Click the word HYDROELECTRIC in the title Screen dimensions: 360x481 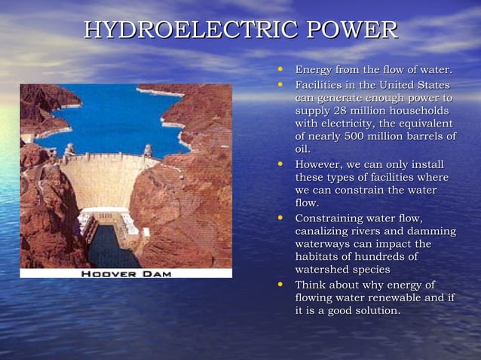click(x=191, y=30)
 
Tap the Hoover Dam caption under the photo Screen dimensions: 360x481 click(x=126, y=273)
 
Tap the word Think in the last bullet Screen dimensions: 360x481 click(x=311, y=285)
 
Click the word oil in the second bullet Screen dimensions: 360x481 click(x=302, y=149)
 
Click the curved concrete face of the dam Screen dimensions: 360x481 click(x=106, y=181)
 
